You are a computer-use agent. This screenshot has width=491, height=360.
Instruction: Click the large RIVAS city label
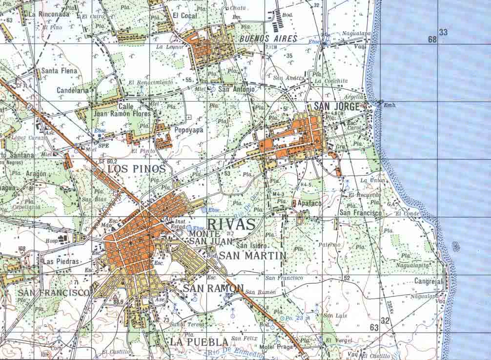click(231, 224)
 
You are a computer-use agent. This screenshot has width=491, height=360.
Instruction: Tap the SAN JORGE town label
click(336, 106)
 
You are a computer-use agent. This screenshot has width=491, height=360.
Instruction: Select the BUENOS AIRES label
click(262, 38)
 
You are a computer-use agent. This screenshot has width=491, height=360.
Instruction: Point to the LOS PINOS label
click(137, 169)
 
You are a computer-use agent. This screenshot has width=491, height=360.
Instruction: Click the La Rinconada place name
click(49, 14)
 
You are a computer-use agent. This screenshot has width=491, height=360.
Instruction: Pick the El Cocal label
click(185, 16)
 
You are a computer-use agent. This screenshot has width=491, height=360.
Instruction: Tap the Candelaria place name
click(73, 90)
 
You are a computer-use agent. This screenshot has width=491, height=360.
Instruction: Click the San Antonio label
click(236, 89)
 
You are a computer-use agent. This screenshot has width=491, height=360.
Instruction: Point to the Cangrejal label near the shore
click(428, 281)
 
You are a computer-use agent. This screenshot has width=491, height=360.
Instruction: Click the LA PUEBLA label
click(199, 342)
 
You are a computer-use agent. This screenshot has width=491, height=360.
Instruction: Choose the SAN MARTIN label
click(252, 255)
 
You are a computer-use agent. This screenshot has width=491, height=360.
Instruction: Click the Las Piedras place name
click(61, 261)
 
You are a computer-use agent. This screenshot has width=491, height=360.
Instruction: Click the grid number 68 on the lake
click(432, 39)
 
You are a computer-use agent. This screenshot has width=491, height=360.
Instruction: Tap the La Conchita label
click(331, 81)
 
